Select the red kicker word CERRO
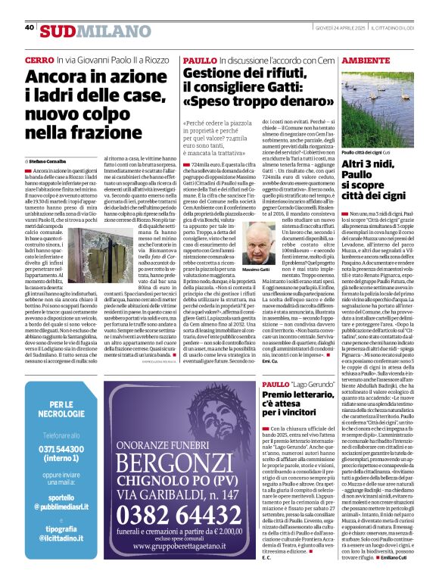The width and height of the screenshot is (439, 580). click(39, 59)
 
